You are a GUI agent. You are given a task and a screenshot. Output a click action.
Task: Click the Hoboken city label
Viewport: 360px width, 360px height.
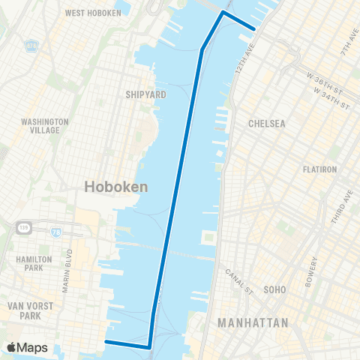(x=115, y=187)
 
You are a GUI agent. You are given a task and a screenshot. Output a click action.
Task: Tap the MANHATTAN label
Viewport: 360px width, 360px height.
(x=252, y=323)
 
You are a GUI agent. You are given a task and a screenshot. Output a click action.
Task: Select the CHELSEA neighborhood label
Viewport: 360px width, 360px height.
(x=268, y=124)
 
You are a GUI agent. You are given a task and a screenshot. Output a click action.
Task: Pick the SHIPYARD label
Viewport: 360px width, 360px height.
(x=145, y=94)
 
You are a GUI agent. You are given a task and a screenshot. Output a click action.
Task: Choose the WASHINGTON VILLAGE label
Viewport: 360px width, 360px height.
(x=45, y=125)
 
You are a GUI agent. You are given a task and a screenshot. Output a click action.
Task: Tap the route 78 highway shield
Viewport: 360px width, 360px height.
(x=57, y=232)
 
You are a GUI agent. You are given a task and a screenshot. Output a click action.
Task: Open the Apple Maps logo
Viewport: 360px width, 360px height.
(x=27, y=347)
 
